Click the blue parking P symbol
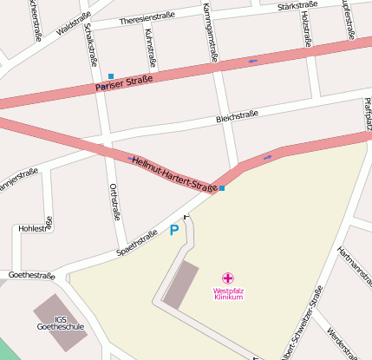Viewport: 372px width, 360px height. click(173, 231)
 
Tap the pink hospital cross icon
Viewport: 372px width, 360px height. click(228, 278)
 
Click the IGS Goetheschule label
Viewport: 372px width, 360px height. click(61, 323)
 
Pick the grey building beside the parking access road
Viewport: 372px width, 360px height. click(181, 283)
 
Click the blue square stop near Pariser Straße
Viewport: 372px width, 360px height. click(111, 76)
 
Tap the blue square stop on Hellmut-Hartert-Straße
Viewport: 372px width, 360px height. click(222, 187)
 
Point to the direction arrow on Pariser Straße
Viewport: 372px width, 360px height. click(252, 61)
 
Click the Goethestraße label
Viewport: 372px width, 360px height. click(31, 276)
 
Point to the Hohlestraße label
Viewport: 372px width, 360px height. click(36, 229)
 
